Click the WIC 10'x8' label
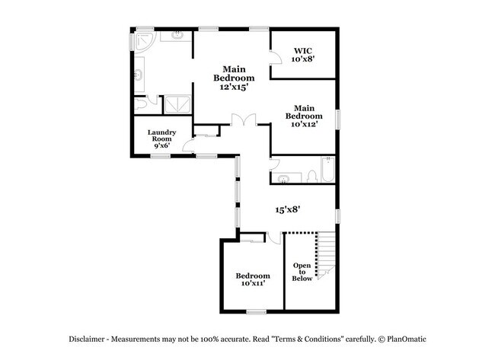click(302, 54)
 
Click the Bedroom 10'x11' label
click(252, 279)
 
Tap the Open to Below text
click(302, 272)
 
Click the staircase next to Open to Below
click(326, 256)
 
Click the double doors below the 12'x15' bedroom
click(244, 120)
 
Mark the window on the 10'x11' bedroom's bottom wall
click(256, 311)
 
